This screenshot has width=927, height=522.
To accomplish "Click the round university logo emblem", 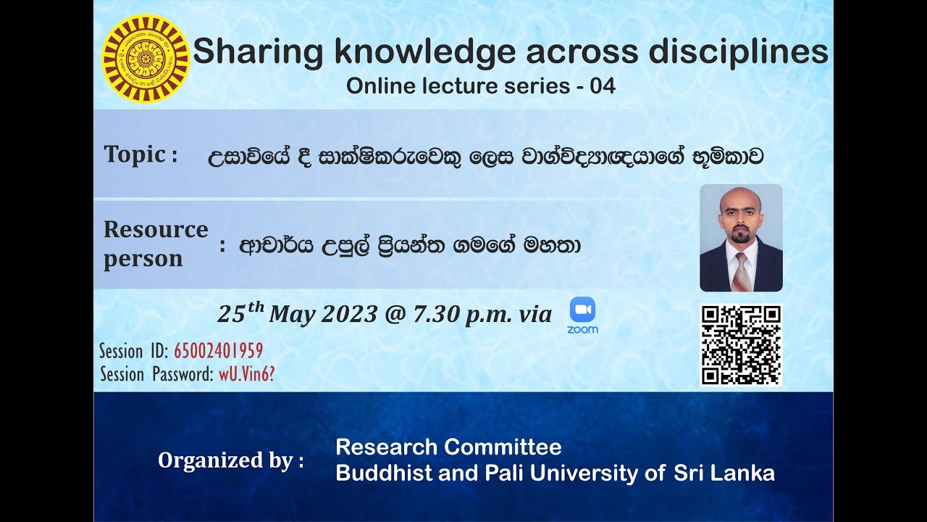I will tap(146, 58).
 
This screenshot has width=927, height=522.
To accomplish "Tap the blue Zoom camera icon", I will tap(582, 310).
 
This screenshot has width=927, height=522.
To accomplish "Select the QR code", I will tap(741, 344).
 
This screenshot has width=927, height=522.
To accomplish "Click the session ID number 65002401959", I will tap(218, 352).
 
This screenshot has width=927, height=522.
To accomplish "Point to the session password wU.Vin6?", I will tap(246, 375).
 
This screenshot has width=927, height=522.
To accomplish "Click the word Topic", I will tap(135, 154).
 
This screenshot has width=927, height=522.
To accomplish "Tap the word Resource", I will tap(156, 230).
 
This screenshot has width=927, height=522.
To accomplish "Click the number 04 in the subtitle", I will tap(603, 86).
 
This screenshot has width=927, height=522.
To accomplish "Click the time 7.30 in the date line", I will tap(432, 314).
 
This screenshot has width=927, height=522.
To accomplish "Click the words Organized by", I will tap(230, 460).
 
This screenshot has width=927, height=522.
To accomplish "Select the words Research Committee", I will tap(448, 447).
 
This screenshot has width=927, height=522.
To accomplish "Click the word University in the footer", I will tap(595, 473).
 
